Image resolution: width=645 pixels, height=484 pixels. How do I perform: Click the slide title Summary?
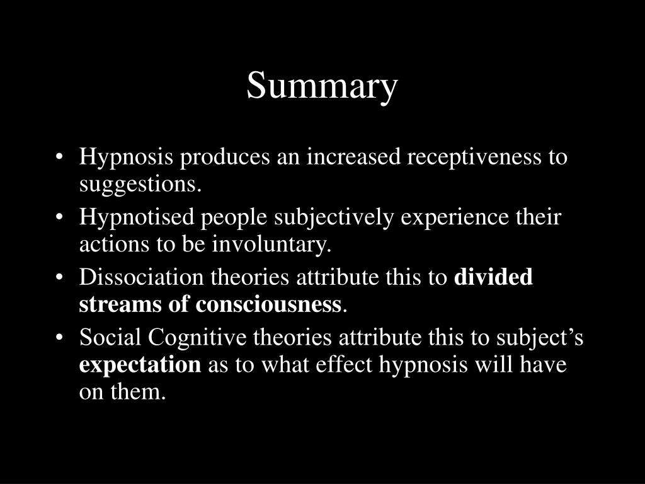[x=322, y=86]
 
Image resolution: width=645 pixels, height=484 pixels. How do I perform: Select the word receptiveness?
[x=472, y=157]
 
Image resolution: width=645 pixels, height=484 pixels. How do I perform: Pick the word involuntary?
[x=281, y=245]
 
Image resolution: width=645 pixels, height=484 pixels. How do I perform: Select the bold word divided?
[x=493, y=277]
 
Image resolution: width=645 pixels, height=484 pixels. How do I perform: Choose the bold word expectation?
[x=140, y=365]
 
